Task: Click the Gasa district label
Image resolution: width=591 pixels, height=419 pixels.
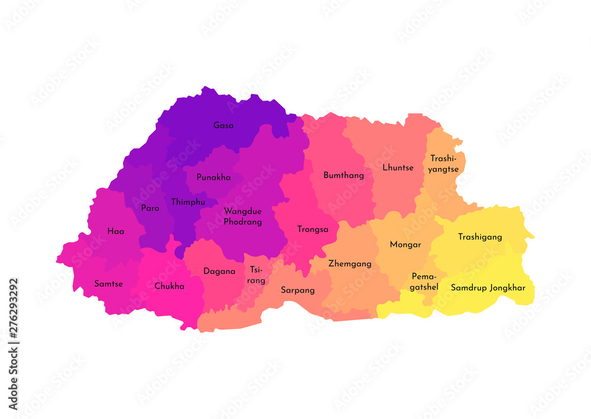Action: pyautogui.click(x=223, y=125)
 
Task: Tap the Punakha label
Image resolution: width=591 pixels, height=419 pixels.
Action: pyautogui.click(x=213, y=177)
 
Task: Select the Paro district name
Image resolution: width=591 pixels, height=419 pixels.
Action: pyautogui.click(x=150, y=208)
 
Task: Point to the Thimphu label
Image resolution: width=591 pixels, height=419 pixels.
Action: pyautogui.click(x=188, y=202)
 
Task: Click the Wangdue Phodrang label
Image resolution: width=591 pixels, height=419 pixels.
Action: pyautogui.click(x=242, y=217)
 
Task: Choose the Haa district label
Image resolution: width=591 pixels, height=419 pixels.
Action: pyautogui.click(x=116, y=231)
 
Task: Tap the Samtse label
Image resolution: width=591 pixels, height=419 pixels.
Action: pyautogui.click(x=109, y=283)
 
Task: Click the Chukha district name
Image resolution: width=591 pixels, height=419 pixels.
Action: pyautogui.click(x=169, y=286)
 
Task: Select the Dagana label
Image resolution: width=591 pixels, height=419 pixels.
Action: pyautogui.click(x=219, y=272)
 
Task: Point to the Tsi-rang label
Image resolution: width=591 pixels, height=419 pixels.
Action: pyautogui.click(x=256, y=275)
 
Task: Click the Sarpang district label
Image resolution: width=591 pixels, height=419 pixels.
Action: pyautogui.click(x=297, y=290)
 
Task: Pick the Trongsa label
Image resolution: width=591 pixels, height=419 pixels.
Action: pyautogui.click(x=313, y=229)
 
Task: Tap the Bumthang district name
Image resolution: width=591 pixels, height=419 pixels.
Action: pyautogui.click(x=343, y=175)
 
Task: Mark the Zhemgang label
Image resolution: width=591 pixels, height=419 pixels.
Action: pyautogui.click(x=350, y=263)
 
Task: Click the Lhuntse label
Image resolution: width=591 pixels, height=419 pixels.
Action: pyautogui.click(x=398, y=167)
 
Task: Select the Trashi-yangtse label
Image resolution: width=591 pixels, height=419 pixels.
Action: pyautogui.click(x=444, y=163)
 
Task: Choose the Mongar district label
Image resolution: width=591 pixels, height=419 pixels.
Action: pyautogui.click(x=405, y=244)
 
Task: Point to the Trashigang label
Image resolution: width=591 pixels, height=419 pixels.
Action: pyautogui.click(x=480, y=237)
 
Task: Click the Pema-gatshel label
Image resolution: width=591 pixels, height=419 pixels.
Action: pyautogui.click(x=425, y=282)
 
